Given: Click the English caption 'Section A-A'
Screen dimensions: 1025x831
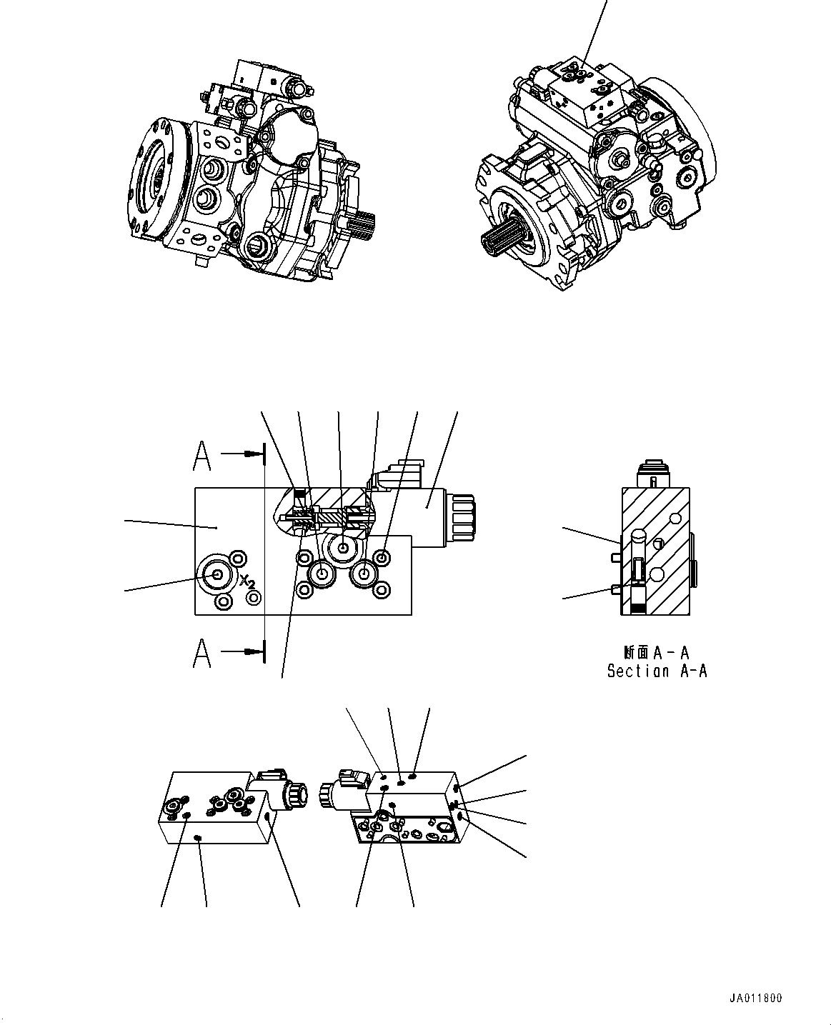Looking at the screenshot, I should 657,671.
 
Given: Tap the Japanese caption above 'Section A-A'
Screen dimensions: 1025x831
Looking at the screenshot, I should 656,651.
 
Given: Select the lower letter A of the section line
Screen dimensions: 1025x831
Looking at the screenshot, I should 202,653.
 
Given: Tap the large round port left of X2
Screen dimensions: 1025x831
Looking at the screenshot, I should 215,574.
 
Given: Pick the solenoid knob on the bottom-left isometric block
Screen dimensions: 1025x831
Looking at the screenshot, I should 294,794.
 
